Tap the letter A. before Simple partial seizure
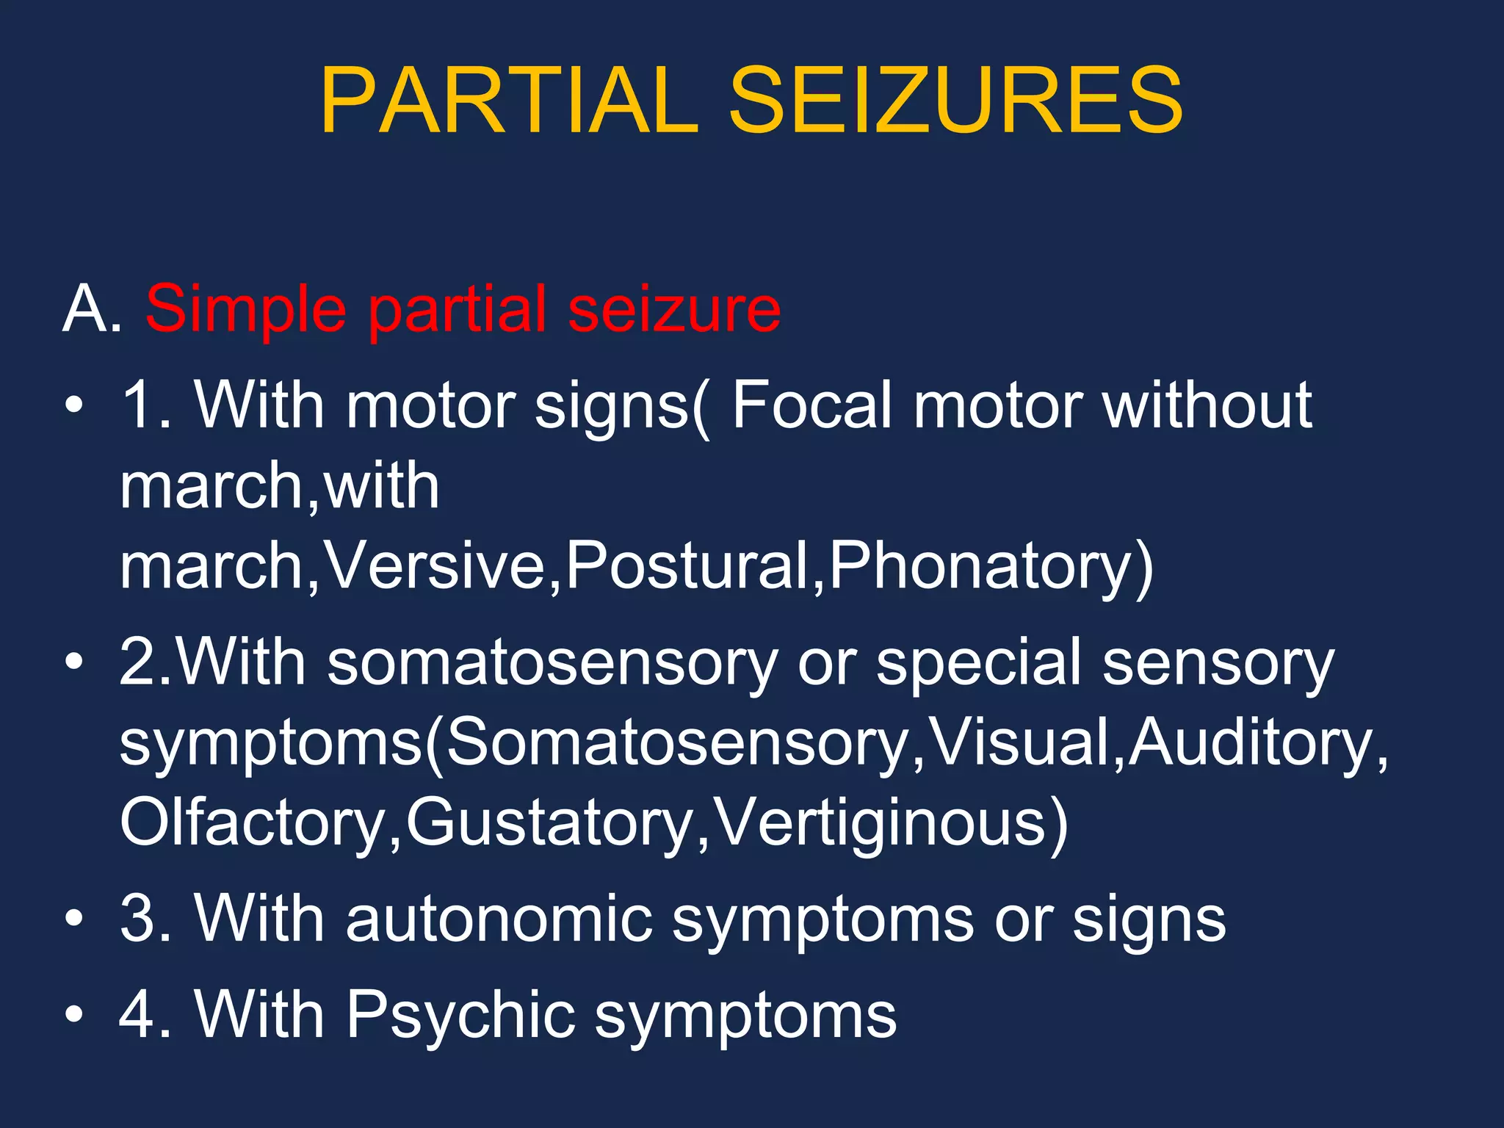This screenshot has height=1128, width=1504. tap(92, 309)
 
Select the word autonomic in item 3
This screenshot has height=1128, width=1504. tap(499, 919)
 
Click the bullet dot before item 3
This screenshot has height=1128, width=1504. tap(73, 919)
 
